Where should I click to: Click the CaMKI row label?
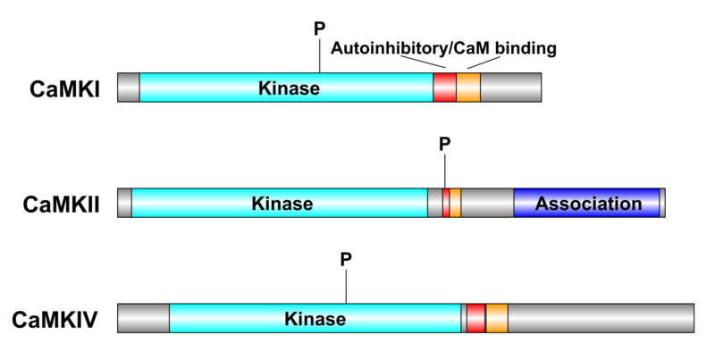pyautogui.click(x=64, y=89)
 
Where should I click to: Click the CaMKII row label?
pyautogui.click(x=62, y=205)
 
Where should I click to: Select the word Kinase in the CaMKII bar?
pyautogui.click(x=282, y=203)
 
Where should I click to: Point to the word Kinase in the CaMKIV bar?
pyautogui.click(x=315, y=318)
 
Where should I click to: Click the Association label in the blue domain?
pyautogui.click(x=588, y=203)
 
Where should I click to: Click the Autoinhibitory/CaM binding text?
pyautogui.click(x=443, y=48)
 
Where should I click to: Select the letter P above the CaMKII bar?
pyautogui.click(x=445, y=143)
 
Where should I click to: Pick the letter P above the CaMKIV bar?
pyautogui.click(x=346, y=259)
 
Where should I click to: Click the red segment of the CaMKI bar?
pyautogui.click(x=444, y=88)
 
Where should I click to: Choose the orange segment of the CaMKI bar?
pyautogui.click(x=468, y=88)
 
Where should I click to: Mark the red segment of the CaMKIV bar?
pyautogui.click(x=475, y=318)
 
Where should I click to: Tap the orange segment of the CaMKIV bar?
pyautogui.click(x=497, y=318)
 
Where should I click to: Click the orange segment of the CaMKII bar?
pyautogui.click(x=455, y=203)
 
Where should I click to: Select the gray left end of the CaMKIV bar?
pyautogui.click(x=143, y=318)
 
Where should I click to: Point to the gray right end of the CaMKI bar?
pyautogui.click(x=510, y=88)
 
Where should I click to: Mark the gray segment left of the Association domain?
pyautogui.click(x=487, y=203)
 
